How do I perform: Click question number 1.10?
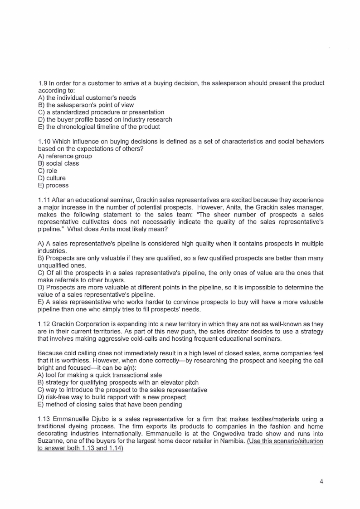pos(44,142)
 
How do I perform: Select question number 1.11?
pos(44,200)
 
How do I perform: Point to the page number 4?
pos(321,482)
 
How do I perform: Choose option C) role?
pos(47,171)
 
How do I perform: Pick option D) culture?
pos(52,178)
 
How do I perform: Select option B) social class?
pos(58,163)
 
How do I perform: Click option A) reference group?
pos(65,156)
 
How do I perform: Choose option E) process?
pos(53,185)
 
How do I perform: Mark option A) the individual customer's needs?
pos(87,98)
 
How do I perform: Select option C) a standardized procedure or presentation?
pos(101,112)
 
